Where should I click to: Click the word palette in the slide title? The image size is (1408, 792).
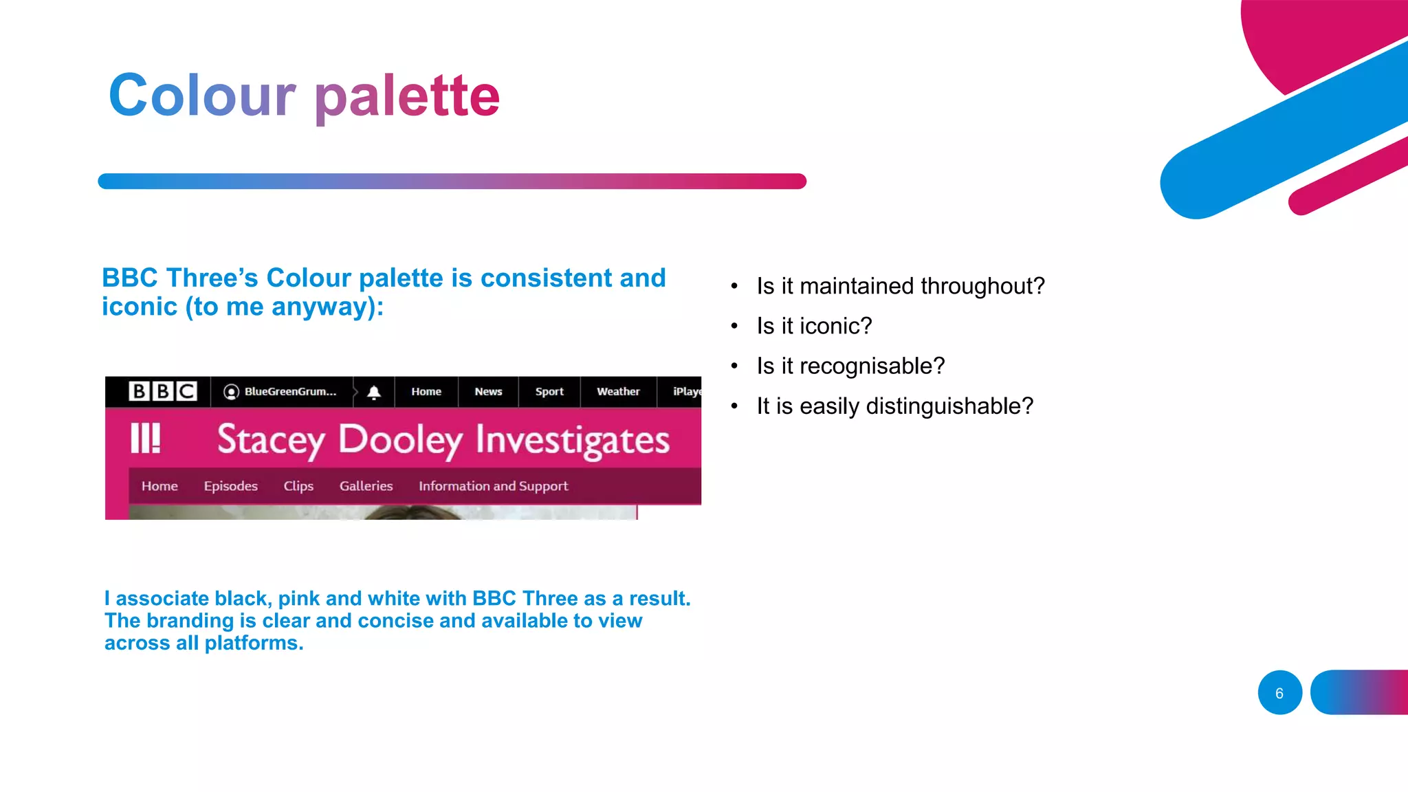tap(407, 96)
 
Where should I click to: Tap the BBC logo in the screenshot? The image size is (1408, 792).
tap(163, 391)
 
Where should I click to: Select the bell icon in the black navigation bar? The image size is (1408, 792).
tap(374, 392)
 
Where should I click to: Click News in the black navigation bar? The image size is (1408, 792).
tap(488, 391)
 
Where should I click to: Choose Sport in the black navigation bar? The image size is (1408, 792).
tap(549, 391)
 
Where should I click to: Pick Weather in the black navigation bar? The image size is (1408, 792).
tap(618, 391)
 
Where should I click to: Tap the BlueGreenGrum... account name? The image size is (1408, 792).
tap(290, 391)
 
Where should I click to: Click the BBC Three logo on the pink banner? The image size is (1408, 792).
tap(146, 438)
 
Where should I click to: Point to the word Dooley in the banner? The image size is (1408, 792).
tap(401, 440)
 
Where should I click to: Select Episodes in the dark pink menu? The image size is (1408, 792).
tap(230, 486)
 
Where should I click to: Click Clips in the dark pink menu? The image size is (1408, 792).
tap(298, 486)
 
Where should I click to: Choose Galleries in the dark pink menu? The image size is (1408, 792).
tap(366, 486)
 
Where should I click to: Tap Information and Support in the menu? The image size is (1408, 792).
tap(493, 486)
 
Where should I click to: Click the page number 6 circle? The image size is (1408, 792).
tap(1279, 693)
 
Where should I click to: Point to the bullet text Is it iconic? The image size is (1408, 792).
tap(814, 326)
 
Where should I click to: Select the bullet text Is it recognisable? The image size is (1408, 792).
tap(850, 366)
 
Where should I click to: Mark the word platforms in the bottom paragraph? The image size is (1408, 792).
tap(254, 643)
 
